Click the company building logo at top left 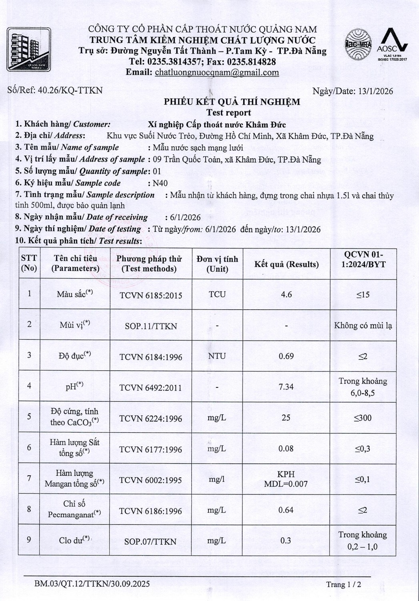(x=29, y=50)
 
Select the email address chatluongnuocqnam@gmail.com (x=217, y=73)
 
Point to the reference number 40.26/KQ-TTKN (x=70, y=90)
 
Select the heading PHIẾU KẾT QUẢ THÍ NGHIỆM (x=232, y=102)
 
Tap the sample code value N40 (x=160, y=183)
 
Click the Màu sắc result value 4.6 (x=286, y=294)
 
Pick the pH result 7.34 (x=286, y=387)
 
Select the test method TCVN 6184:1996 (x=150, y=357)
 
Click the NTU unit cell (x=217, y=356)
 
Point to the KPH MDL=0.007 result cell (x=286, y=479)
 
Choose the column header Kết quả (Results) (x=286, y=264)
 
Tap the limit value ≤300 (x=363, y=418)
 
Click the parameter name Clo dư (x=74, y=540)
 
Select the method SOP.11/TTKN (x=150, y=326)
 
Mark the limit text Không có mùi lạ (x=363, y=325)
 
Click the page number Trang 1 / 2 (x=343, y=584)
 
